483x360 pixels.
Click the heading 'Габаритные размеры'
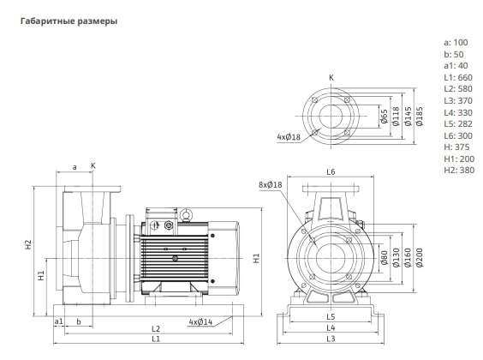click(69, 21)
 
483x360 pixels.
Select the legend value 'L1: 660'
click(458, 77)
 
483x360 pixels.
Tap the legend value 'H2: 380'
click(459, 170)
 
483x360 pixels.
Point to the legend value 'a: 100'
click(456, 43)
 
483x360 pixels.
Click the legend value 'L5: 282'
click(458, 124)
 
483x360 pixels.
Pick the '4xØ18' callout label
click(289, 137)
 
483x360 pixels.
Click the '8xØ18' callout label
click(270, 184)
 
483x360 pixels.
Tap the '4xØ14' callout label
click(200, 322)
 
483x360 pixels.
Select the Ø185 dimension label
click(420, 117)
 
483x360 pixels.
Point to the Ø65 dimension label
click(385, 117)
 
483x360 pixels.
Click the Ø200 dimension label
click(420, 258)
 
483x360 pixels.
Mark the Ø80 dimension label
click(385, 258)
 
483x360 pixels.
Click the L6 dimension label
click(331, 171)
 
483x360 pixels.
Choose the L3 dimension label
click(331, 339)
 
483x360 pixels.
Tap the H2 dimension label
click(28, 245)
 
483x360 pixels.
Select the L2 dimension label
click(156, 328)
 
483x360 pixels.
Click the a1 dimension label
click(58, 321)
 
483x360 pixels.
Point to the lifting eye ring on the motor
click(186, 214)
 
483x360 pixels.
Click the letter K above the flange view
click(331, 78)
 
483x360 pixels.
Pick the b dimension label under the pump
click(79, 321)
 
